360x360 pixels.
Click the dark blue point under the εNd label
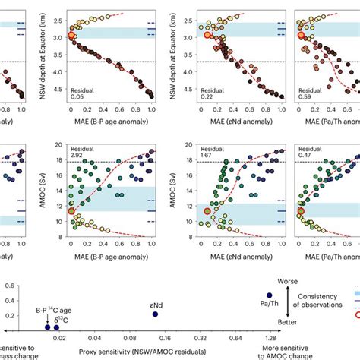pyautogui.click(x=155, y=314)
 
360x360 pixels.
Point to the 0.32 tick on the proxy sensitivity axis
pyautogui.click(x=200, y=341)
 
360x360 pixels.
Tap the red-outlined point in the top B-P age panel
pyautogui.click(x=73, y=35)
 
